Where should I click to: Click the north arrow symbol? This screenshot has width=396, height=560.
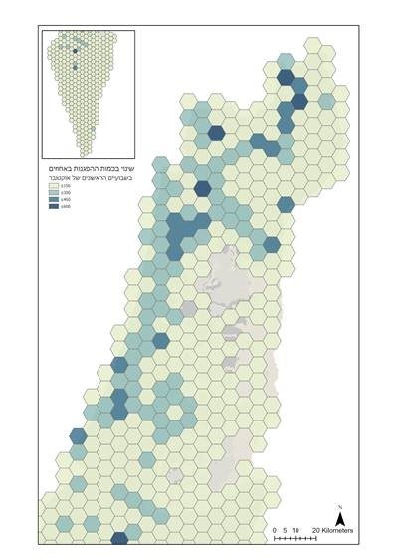[339, 519]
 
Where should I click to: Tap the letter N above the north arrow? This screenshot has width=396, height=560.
[339, 507]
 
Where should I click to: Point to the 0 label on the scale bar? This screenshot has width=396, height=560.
[275, 530]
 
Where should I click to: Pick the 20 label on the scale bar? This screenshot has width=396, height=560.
[313, 530]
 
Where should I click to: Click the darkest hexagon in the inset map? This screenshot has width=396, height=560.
[75, 66]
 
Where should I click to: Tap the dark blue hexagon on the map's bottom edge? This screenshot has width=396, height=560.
[119, 539]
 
